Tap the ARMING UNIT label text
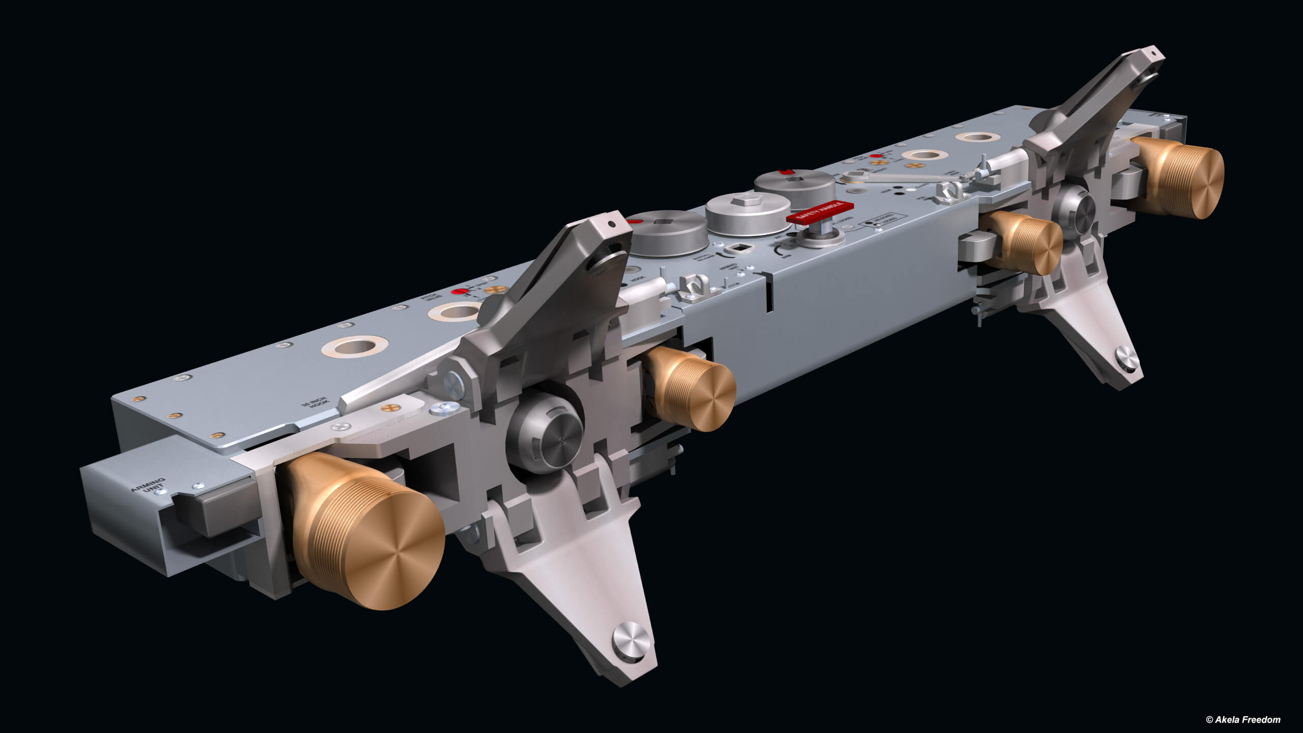148,486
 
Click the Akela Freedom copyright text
1244,719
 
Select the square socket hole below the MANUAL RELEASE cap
737,248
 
